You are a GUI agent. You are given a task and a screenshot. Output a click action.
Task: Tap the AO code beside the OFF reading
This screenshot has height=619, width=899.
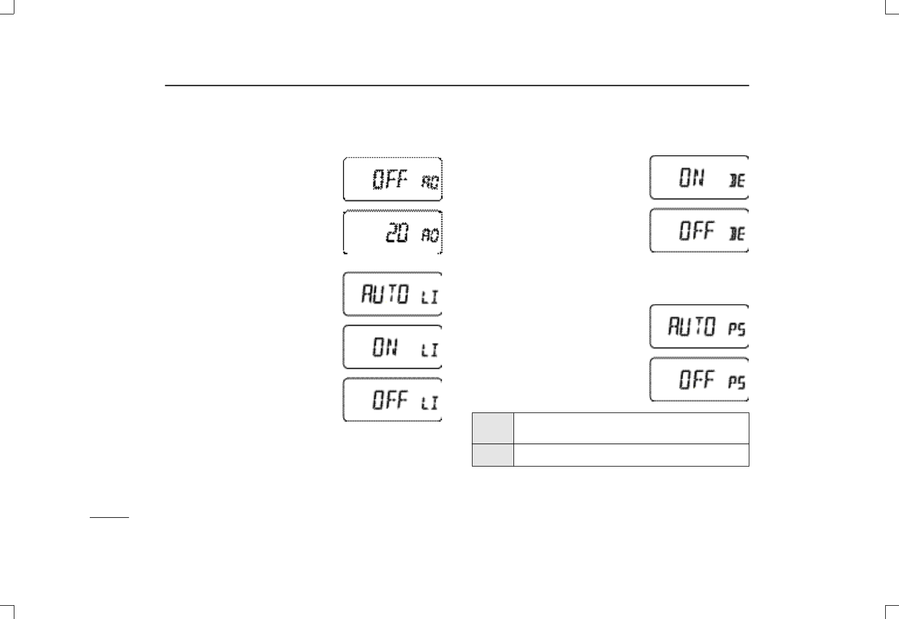click(x=430, y=182)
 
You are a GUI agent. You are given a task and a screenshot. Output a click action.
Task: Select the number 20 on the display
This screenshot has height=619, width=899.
click(x=398, y=232)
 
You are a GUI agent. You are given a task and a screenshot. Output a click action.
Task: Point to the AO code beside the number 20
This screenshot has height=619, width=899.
click(x=430, y=235)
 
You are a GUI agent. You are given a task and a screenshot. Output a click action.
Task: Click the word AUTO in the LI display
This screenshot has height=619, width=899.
click(x=384, y=295)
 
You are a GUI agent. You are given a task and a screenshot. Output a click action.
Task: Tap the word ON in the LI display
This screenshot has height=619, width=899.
click(x=384, y=347)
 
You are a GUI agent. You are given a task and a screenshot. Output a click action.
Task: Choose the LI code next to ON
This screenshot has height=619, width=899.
click(x=429, y=350)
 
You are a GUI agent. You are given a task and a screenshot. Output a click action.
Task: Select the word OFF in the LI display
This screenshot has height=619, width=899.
click(x=390, y=400)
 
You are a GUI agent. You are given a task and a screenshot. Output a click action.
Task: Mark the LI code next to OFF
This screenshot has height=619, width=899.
click(x=429, y=403)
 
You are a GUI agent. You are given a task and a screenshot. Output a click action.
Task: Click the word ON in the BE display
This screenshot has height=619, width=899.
click(x=692, y=178)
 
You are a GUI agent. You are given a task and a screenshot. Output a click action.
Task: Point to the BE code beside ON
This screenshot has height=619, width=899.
click(x=737, y=181)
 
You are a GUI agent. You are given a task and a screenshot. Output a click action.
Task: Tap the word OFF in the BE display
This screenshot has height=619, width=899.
click(x=696, y=231)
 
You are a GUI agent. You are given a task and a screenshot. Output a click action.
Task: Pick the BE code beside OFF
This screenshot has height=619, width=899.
click(x=737, y=234)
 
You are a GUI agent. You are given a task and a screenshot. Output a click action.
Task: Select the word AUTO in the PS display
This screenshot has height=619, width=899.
click(x=692, y=327)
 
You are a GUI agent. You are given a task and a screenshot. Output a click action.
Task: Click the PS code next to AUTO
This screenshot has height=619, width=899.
click(x=737, y=330)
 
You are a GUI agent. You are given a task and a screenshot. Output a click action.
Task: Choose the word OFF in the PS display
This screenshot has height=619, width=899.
click(x=696, y=380)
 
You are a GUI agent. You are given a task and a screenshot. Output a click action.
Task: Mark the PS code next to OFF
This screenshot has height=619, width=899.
click(x=737, y=383)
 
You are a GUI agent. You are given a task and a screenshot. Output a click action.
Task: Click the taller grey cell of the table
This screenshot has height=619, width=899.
click(x=493, y=428)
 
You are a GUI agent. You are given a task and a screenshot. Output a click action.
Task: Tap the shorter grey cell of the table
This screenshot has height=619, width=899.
click(x=493, y=454)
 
